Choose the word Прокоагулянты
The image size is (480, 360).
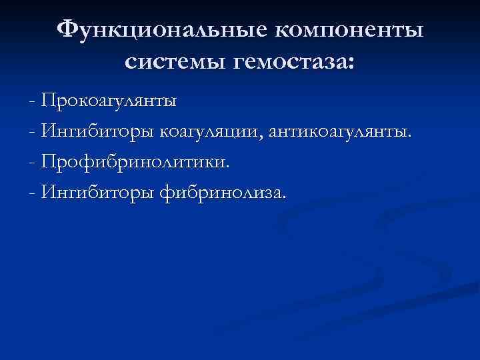coord(108,101)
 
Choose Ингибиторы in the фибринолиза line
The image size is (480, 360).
coord(97,193)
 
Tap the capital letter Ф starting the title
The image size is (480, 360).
coord(68,29)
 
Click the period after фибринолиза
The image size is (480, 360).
coord(284,197)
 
